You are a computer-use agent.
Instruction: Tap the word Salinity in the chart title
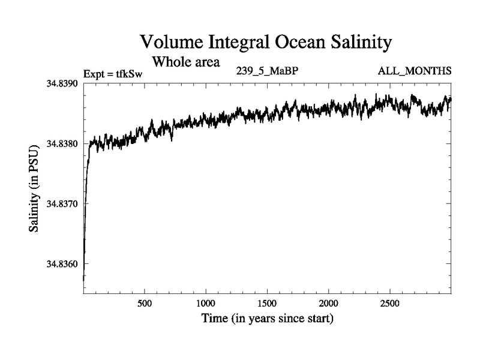[361, 43]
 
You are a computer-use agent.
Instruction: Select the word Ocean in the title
[298, 43]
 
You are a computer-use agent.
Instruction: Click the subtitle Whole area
[187, 61]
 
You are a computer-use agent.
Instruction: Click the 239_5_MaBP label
[268, 72]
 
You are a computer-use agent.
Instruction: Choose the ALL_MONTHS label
[414, 72]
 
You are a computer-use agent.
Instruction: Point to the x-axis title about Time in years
[267, 318]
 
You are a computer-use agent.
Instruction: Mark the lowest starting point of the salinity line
[83, 280]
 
